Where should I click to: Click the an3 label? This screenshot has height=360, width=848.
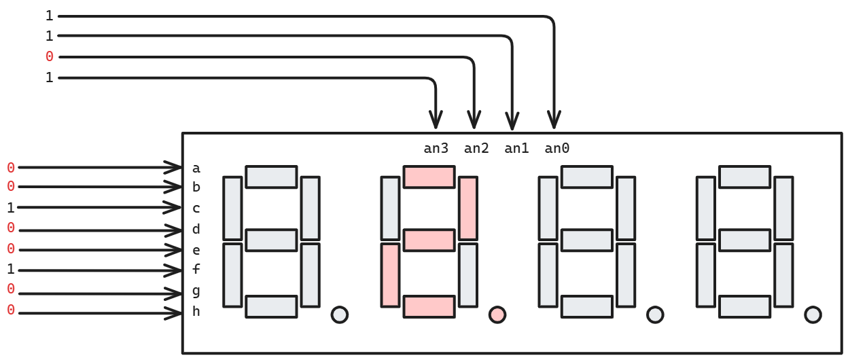coord(436,149)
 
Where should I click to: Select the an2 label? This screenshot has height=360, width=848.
coord(476,149)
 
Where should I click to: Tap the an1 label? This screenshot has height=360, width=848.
coord(516,149)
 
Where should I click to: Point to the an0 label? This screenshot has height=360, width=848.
coord(557,149)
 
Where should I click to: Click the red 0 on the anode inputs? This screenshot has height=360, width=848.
coord(49,57)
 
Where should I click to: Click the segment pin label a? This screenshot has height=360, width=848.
coord(196,168)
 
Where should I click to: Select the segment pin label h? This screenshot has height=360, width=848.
coord(196,312)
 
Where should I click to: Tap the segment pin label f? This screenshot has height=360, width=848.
coord(196,270)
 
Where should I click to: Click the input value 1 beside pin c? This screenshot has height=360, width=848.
coord(11,208)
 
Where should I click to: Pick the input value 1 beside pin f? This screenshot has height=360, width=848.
coord(11,270)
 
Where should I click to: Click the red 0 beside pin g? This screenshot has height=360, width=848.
coord(11,289)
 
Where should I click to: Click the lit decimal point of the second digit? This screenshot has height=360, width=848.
coord(497,314)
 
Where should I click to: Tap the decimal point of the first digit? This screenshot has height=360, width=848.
coord(339,314)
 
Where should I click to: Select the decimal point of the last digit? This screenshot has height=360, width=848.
coord(813,314)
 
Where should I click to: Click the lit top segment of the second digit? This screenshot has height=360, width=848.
coord(429,177)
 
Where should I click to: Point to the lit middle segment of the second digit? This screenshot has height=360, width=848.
coord(429,240)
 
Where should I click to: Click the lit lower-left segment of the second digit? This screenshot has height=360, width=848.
coord(390,274)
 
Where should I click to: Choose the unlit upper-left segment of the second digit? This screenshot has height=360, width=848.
coord(390,208)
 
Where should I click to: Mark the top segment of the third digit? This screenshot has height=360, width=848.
coord(586,177)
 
